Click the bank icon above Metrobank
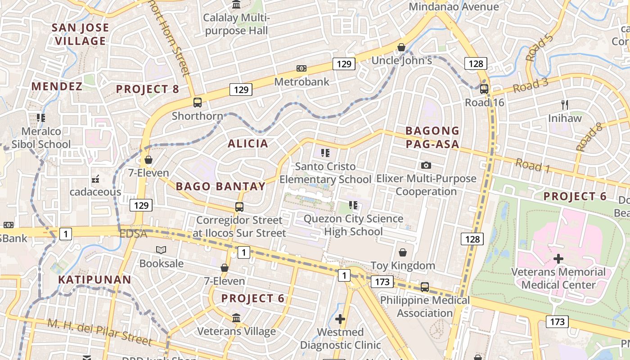(301, 68)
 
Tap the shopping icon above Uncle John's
(401, 47)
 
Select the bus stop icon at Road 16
(484, 89)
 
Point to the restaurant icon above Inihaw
(565, 105)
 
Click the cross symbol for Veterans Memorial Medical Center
(558, 259)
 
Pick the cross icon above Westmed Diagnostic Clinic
(340, 319)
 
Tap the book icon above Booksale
(161, 250)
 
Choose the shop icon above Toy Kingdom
(403, 252)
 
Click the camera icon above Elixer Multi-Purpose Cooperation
(426, 166)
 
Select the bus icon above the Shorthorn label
(197, 103)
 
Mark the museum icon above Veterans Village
(236, 318)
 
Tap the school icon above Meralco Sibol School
(41, 118)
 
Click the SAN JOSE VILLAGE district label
(80, 34)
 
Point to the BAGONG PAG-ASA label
(432, 137)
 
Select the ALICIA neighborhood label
(248, 144)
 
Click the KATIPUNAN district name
(94, 279)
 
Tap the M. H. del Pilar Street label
(99, 332)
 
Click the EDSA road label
(133, 234)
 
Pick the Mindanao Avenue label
(454, 7)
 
